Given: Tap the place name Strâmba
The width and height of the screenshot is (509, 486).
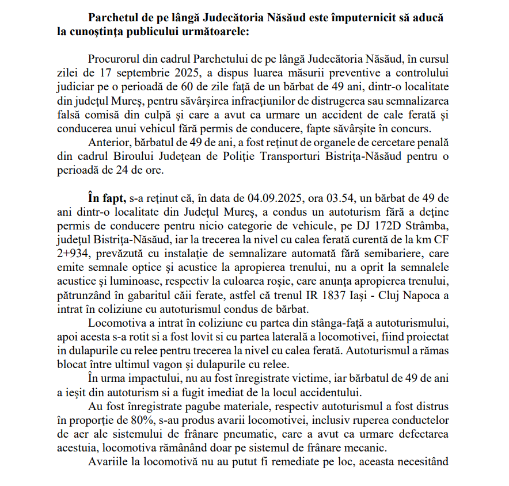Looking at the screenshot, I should [427, 225].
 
